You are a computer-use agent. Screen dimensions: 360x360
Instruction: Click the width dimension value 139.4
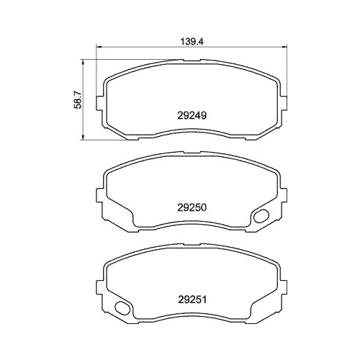tap(189, 42)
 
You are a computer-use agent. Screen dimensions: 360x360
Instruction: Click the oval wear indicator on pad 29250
tap(261, 215)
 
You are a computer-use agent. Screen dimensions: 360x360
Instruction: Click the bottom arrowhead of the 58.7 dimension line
tap(86, 137)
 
